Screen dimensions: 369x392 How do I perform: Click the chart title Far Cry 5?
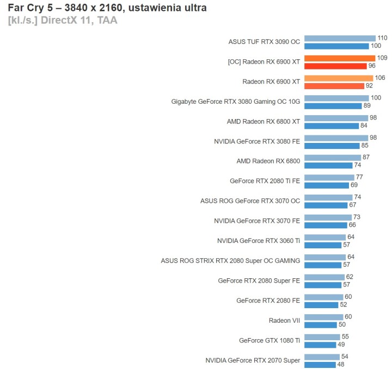[107, 8]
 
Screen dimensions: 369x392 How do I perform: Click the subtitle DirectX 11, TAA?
[62, 21]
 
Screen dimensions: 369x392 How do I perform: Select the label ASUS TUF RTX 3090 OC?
[264, 42]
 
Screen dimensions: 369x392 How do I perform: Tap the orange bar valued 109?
[339, 58]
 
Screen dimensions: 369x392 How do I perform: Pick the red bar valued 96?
[335, 66]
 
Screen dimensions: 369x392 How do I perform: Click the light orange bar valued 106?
[338, 78]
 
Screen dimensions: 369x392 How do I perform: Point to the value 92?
[369, 86]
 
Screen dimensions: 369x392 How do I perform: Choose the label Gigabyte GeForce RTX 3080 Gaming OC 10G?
[235, 102]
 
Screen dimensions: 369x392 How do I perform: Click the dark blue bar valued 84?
[332, 126]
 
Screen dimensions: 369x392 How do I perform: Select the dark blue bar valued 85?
[332, 146]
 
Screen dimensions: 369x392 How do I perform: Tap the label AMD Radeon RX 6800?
[268, 161]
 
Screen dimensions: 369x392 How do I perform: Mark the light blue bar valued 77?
[329, 177]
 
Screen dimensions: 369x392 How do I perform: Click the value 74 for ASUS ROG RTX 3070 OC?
[357, 197]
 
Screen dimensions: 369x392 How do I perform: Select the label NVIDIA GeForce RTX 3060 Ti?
[258, 241]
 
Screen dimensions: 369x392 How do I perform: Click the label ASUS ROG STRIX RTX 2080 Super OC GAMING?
[230, 261]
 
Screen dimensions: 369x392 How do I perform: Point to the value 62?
[350, 277]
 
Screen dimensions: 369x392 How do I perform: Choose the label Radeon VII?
[284, 321]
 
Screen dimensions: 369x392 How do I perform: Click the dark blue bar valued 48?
[320, 364]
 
